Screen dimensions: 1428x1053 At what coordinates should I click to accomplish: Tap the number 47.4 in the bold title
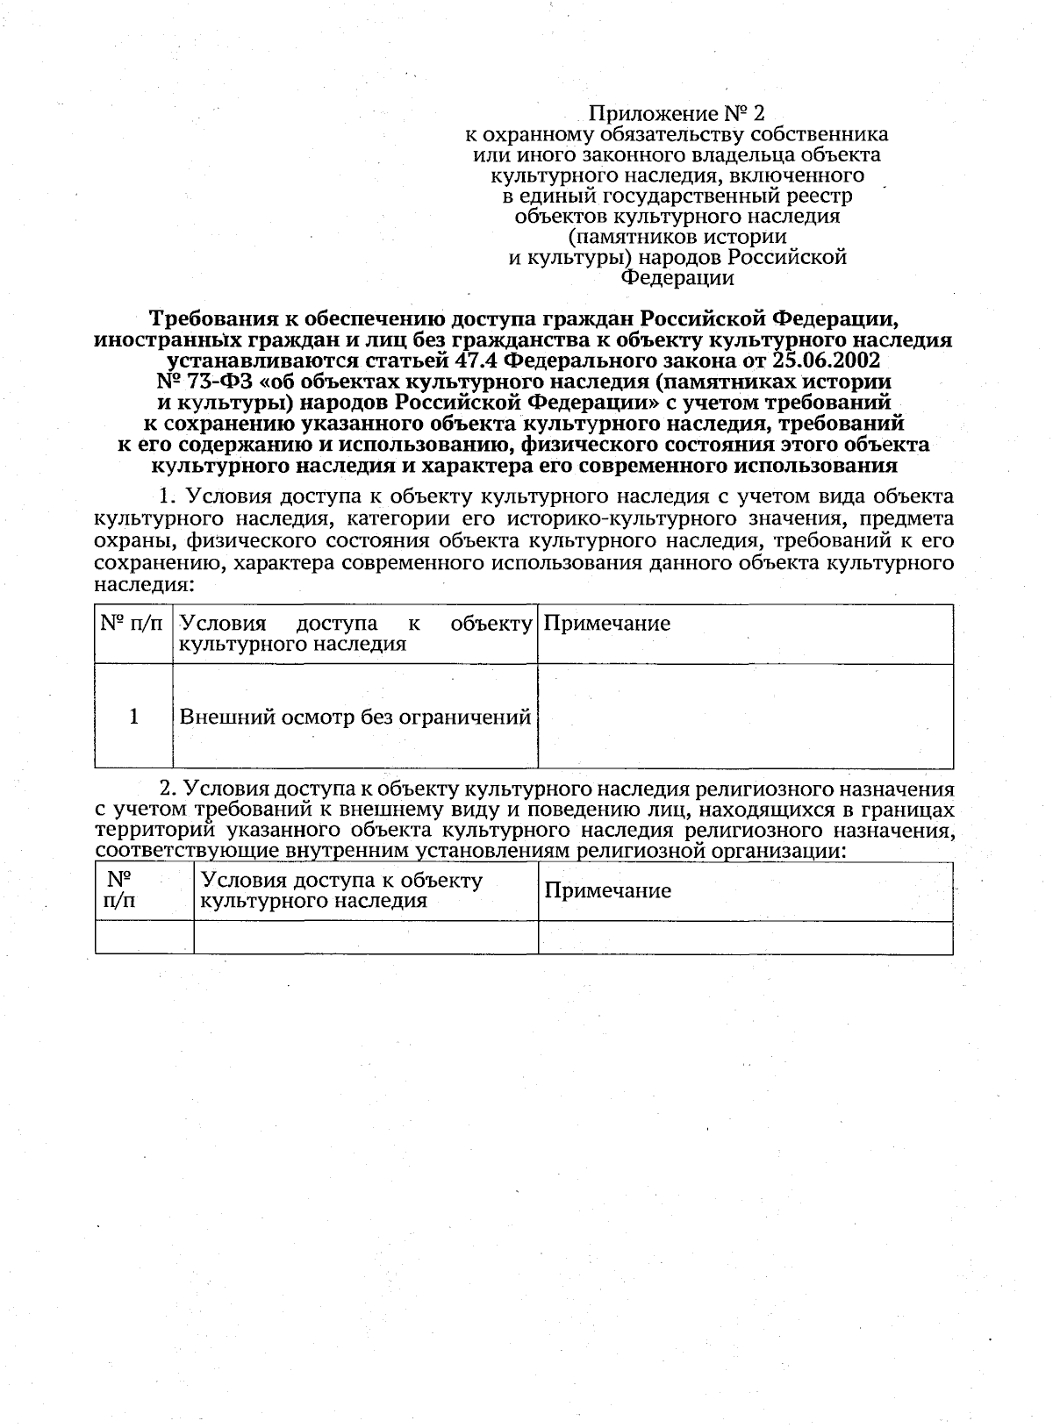click(484, 361)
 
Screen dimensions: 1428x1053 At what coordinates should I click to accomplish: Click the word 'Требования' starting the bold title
click(219, 318)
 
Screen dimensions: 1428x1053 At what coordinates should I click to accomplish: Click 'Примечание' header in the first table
click(607, 624)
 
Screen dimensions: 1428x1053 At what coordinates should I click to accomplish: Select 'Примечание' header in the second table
click(607, 890)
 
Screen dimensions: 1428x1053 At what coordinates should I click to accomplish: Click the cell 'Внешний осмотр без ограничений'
click(355, 717)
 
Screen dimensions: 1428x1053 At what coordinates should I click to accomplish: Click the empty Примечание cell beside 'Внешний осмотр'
click(745, 717)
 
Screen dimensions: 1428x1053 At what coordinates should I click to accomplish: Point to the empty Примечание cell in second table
click(745, 938)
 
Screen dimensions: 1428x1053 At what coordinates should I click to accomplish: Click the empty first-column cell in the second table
click(144, 938)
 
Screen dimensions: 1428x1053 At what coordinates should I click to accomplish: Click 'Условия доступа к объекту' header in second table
click(341, 880)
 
